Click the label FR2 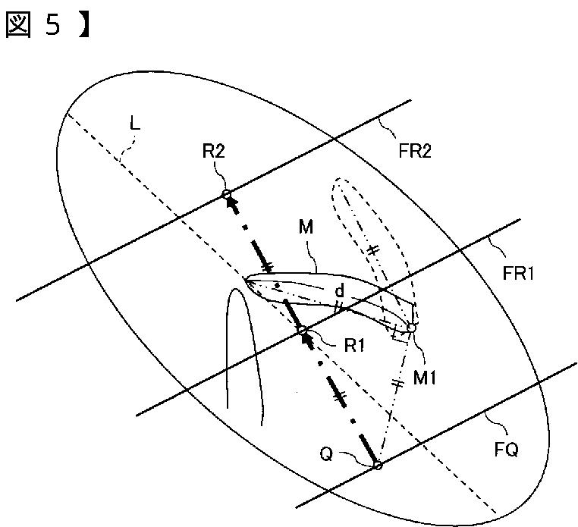click(415, 150)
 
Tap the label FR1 click(518, 274)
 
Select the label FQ click(506, 449)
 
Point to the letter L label click(135, 124)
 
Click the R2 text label click(213, 151)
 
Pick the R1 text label click(354, 345)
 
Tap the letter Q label click(327, 453)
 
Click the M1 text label click(425, 377)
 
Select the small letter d click(340, 290)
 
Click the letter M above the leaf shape click(306, 226)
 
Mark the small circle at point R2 click(226, 194)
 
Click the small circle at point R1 click(303, 330)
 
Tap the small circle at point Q click(378, 466)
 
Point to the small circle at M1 click(411, 328)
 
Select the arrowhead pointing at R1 click(308, 340)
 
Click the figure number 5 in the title click(52, 25)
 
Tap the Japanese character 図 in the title click(17, 25)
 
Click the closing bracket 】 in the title click(84, 25)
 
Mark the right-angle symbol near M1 click(399, 334)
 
